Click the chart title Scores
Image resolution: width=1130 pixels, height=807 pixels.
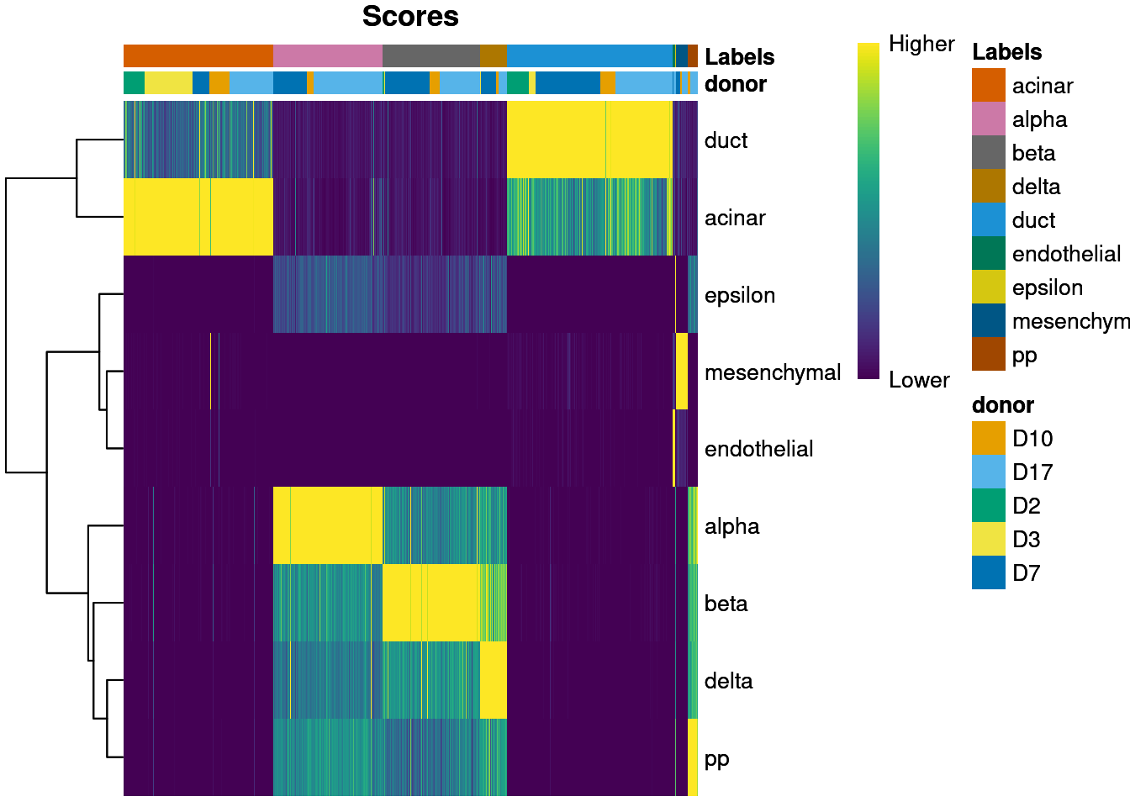point(410,17)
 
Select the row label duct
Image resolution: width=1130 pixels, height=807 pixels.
point(726,140)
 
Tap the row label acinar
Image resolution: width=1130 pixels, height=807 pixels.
point(735,218)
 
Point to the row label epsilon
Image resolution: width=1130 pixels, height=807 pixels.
point(739,295)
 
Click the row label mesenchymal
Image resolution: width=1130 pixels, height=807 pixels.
point(772,372)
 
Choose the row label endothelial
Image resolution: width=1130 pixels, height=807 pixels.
point(758,449)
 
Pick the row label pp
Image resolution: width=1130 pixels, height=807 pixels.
point(716,758)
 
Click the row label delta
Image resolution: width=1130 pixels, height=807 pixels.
point(728,681)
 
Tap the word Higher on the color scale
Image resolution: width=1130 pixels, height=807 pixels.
point(921,44)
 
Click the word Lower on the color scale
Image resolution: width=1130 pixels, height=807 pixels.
point(918,380)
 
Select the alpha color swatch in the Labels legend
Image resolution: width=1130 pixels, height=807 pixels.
point(988,119)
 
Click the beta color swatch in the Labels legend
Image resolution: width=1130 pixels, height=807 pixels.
point(988,153)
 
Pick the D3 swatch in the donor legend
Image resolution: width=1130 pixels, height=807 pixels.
point(988,540)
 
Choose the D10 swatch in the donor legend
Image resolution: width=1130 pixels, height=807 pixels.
point(988,439)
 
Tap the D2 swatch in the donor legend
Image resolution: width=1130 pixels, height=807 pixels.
point(988,506)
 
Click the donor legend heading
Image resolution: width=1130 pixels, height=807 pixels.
point(1002,405)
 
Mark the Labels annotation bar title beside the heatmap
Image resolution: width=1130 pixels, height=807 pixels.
point(739,57)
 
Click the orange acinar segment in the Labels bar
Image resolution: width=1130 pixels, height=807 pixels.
point(198,55)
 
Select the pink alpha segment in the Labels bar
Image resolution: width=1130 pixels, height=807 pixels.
point(327,55)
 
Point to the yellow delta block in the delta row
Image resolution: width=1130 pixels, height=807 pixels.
point(494,680)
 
